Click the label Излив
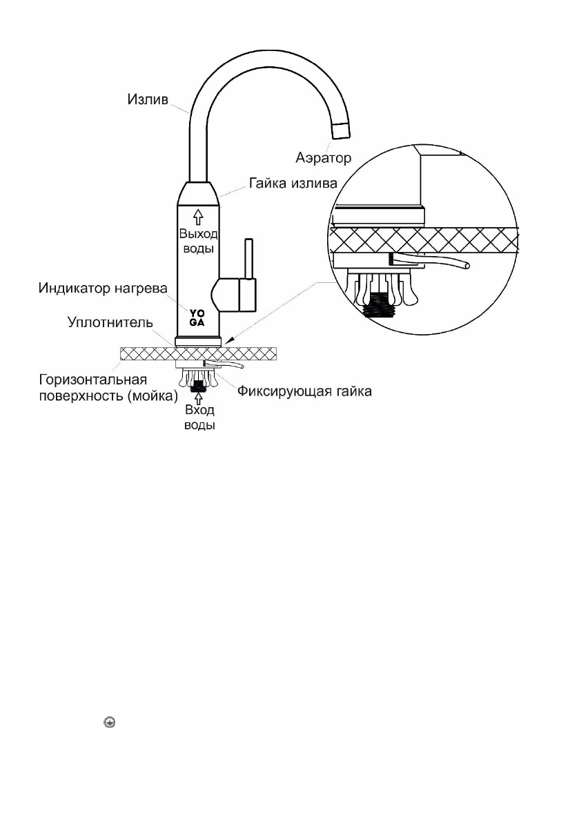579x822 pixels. tap(146, 101)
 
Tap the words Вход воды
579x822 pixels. tap(199, 417)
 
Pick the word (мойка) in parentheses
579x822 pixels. tap(154, 395)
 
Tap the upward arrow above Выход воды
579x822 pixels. tap(199, 215)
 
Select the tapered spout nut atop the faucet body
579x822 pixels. tap(199, 191)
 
